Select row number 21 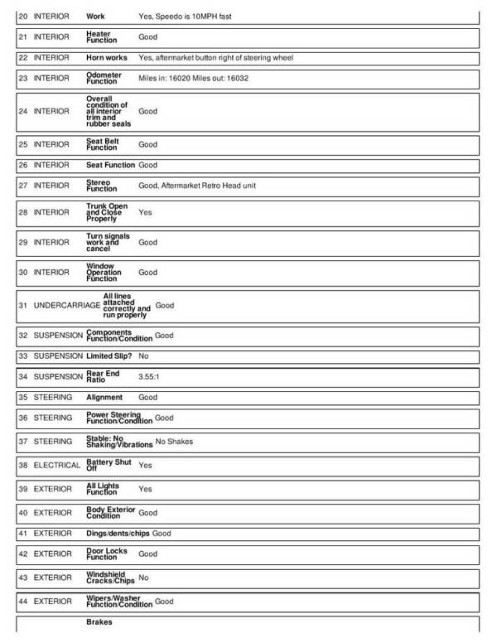coord(22,37)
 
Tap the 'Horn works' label coord(107,58)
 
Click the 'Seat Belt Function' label coord(103,144)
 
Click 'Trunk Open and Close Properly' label coord(107,212)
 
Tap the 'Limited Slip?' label coord(109,355)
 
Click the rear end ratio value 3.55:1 coord(150,376)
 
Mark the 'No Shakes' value coord(174,442)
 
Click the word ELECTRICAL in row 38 coord(57,465)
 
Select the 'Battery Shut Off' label coord(109,465)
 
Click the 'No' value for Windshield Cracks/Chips coord(143,577)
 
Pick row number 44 coord(22,601)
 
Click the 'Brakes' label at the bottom coord(99,621)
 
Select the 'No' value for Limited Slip coord(143,355)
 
